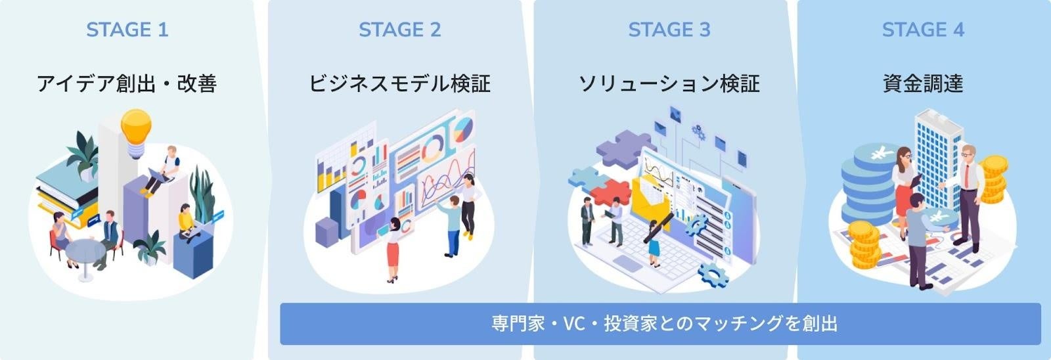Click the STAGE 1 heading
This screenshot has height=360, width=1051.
(x=127, y=30)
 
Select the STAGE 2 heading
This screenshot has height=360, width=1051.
(x=399, y=30)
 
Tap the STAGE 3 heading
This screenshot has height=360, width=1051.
(x=669, y=30)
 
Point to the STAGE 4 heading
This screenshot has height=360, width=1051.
(x=922, y=30)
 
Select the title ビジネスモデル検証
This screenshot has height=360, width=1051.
(x=399, y=84)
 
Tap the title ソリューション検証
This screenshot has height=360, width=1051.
(x=669, y=84)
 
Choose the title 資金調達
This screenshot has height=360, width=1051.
(x=922, y=84)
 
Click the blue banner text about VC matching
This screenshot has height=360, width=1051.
(x=663, y=323)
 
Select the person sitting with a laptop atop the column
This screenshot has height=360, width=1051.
(x=166, y=168)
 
